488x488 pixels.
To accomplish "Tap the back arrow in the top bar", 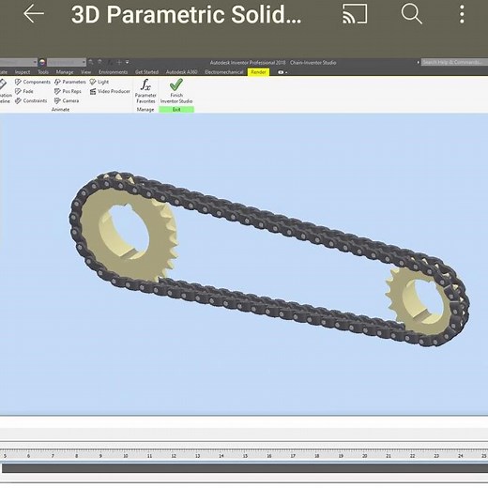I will [x=34, y=14].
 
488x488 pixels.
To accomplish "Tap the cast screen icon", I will [x=355, y=14].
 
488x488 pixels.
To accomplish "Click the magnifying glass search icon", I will [x=412, y=14].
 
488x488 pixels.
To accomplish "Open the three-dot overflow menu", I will [x=462, y=14].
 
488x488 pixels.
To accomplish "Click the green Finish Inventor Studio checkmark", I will [x=176, y=85].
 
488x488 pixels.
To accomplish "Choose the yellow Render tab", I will [x=257, y=71].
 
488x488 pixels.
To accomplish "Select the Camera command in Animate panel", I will [x=67, y=100].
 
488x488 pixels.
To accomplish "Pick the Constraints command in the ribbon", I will [x=31, y=100].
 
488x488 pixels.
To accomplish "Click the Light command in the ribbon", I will [x=99, y=82].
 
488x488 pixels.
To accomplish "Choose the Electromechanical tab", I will [x=217, y=71].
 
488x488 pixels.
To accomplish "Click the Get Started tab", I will [x=147, y=71].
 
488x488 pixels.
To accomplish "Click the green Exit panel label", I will [x=176, y=110].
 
